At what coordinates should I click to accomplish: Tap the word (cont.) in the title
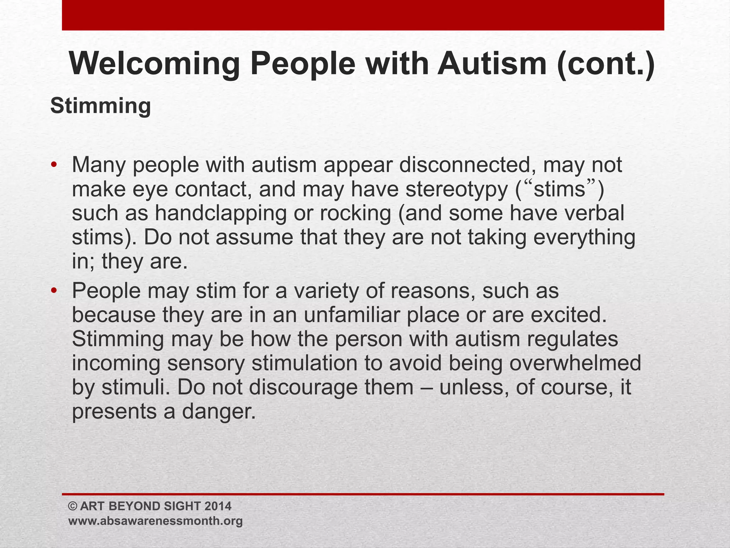[606, 64]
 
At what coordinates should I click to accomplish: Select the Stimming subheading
[101, 106]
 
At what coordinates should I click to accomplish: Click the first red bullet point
[54, 165]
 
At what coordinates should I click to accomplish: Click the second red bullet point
[54, 291]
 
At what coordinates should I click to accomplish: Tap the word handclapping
[221, 213]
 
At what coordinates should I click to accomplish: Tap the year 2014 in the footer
[218, 506]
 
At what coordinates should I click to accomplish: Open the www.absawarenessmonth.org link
[155, 521]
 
